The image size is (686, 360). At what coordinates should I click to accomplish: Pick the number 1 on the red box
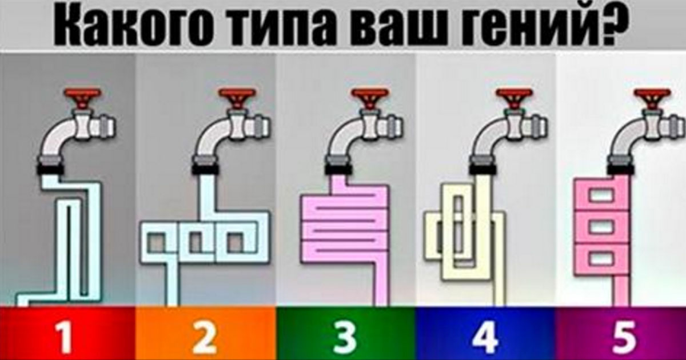pos(64,338)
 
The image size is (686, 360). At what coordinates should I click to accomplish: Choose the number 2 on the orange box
pos(204,338)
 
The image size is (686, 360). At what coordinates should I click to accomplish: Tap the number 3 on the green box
pos(345,338)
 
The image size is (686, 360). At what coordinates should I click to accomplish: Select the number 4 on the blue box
pos(485,338)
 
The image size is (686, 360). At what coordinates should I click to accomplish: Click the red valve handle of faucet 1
pos(83,98)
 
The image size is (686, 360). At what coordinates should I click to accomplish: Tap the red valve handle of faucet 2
pos(237,98)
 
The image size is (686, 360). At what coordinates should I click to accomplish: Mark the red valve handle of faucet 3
pos(370,98)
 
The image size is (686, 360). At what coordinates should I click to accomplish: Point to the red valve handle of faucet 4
pos(514,98)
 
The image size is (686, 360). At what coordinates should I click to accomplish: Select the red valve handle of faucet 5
pos(652,98)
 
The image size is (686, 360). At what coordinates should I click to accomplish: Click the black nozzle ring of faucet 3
pos(338,169)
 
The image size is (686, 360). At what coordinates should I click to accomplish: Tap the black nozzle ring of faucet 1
pos(50,169)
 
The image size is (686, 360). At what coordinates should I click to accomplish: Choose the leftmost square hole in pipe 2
pos(157,243)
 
